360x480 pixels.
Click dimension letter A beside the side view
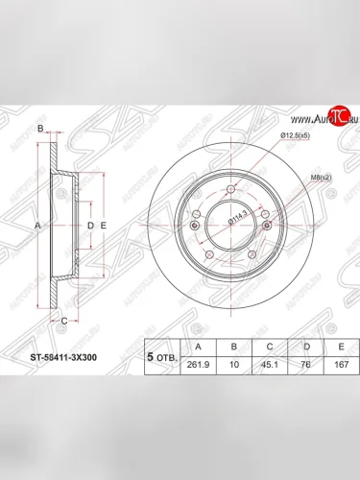coord(36,225)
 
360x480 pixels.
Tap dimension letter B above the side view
coord(40,129)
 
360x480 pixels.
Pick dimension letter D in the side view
coord(90,225)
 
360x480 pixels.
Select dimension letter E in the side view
coord(103,225)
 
